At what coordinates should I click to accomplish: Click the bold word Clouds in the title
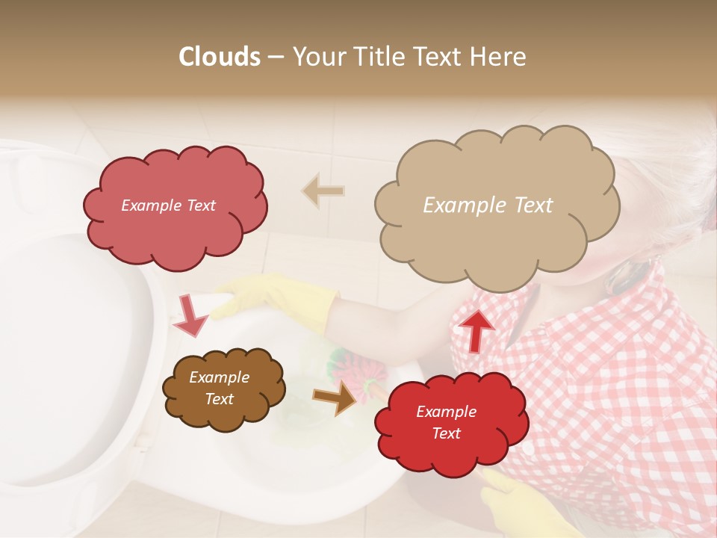[x=219, y=57]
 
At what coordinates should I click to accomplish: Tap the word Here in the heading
[x=497, y=57]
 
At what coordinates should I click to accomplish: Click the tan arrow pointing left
[x=323, y=191]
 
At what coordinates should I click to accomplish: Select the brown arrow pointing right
[x=334, y=398]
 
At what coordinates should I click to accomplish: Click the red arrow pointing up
[x=476, y=330]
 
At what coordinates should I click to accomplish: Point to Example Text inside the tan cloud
[x=488, y=205]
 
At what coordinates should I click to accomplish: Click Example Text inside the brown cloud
[x=219, y=388]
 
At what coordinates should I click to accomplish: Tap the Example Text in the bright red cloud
[x=446, y=422]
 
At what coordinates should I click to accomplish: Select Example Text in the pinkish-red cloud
[x=168, y=205]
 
